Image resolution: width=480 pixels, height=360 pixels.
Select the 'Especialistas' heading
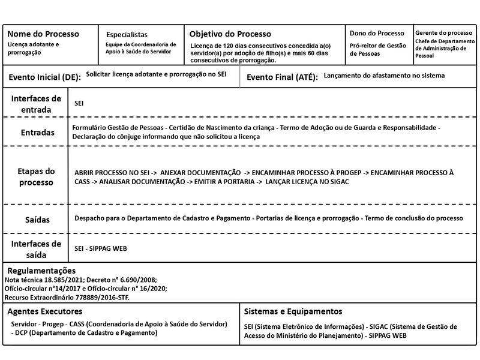click(x=127, y=35)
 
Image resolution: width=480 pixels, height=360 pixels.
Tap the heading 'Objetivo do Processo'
click(x=230, y=34)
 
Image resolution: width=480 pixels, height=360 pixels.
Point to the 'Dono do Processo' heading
click(x=377, y=34)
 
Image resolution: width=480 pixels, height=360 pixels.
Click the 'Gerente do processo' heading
click(x=443, y=32)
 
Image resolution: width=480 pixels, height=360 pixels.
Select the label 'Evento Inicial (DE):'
click(x=44, y=77)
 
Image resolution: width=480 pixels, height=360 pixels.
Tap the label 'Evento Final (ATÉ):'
click(x=282, y=77)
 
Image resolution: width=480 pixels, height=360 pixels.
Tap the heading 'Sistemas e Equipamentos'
click(x=293, y=311)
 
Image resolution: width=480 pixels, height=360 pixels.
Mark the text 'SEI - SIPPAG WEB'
click(x=100, y=248)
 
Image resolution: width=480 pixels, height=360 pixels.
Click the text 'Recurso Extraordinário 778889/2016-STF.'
click(x=67, y=297)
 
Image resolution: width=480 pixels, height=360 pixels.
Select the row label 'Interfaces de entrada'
click(x=36, y=104)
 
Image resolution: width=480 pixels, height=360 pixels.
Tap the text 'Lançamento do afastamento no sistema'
click(x=384, y=76)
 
